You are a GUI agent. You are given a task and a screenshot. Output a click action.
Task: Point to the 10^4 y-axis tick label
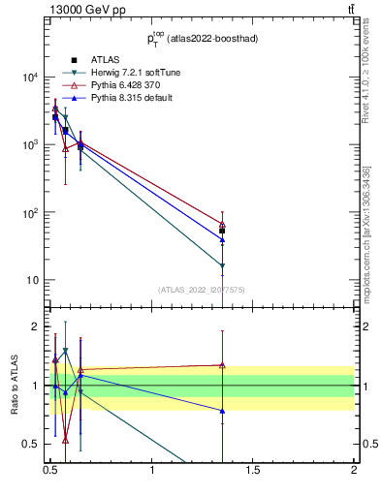28,77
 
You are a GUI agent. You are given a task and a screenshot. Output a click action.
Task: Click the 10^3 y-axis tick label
28,145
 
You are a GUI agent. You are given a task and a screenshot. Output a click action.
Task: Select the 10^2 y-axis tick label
28,213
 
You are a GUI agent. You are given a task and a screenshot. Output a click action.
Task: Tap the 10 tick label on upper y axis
31,281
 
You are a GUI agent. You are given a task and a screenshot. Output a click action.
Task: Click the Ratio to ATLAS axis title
14,385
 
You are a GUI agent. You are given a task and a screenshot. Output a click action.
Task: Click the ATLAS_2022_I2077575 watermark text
202,290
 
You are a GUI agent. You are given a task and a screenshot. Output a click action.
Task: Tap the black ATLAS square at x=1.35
222,231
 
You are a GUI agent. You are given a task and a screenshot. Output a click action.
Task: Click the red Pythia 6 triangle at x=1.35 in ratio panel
222,365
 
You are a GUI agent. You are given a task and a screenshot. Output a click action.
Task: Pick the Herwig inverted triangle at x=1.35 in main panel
222,265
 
